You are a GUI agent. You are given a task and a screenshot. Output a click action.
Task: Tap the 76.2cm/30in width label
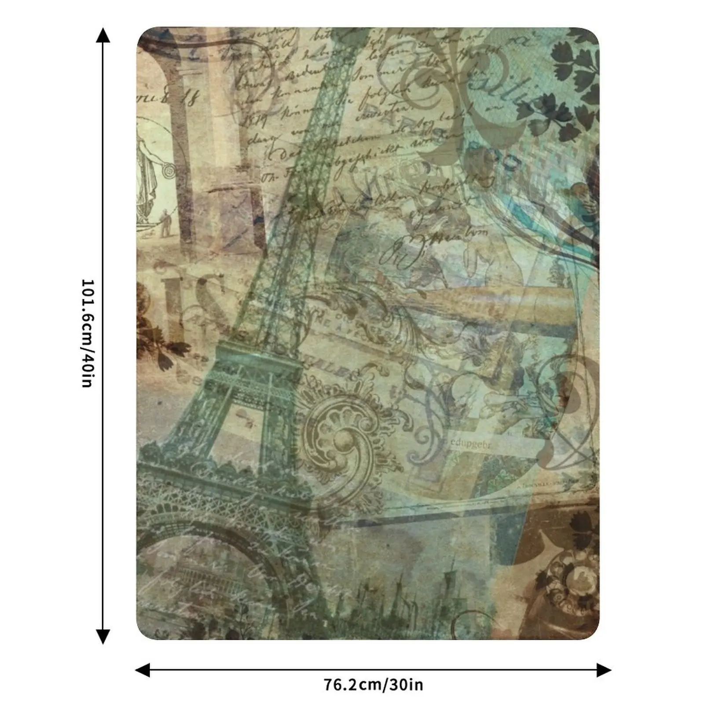(x=373, y=685)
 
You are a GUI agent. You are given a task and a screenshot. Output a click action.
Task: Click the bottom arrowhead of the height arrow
(x=103, y=636)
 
